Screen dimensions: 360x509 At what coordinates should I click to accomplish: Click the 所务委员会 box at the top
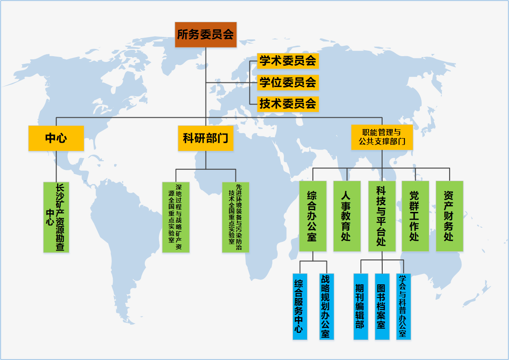[x=206, y=34]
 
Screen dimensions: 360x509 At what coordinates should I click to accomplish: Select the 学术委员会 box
[x=288, y=61]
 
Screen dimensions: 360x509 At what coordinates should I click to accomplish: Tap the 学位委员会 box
[x=288, y=82]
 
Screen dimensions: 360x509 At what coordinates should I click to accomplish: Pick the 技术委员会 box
[x=288, y=104]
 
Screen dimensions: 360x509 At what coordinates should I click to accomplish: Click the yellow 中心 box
[x=56, y=138]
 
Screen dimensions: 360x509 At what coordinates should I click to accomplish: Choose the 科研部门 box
[x=206, y=138]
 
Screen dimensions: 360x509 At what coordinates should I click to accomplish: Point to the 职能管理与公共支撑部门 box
[x=382, y=137]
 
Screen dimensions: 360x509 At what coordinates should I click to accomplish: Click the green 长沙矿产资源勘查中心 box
[x=56, y=217]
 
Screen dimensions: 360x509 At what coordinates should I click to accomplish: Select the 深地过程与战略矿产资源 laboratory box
[x=176, y=217]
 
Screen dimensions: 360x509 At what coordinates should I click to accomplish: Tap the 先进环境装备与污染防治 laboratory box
[x=235, y=217]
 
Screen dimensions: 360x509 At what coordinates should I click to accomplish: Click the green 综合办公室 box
[x=312, y=216]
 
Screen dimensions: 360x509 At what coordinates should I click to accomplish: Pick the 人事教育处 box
[x=347, y=216]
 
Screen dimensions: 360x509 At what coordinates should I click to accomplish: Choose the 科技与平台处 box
[x=381, y=216]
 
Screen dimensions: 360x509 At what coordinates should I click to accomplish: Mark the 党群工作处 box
[x=415, y=216]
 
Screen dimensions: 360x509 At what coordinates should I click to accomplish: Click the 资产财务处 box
[x=449, y=216]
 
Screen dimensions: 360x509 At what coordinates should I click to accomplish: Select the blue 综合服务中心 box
[x=299, y=307]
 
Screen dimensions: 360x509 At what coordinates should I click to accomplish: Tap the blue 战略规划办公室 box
[x=326, y=307]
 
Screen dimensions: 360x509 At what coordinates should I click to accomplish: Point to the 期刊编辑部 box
[x=360, y=307]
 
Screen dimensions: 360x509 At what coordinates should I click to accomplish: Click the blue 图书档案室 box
[x=382, y=307]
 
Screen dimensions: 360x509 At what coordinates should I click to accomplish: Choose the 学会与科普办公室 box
[x=403, y=307]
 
